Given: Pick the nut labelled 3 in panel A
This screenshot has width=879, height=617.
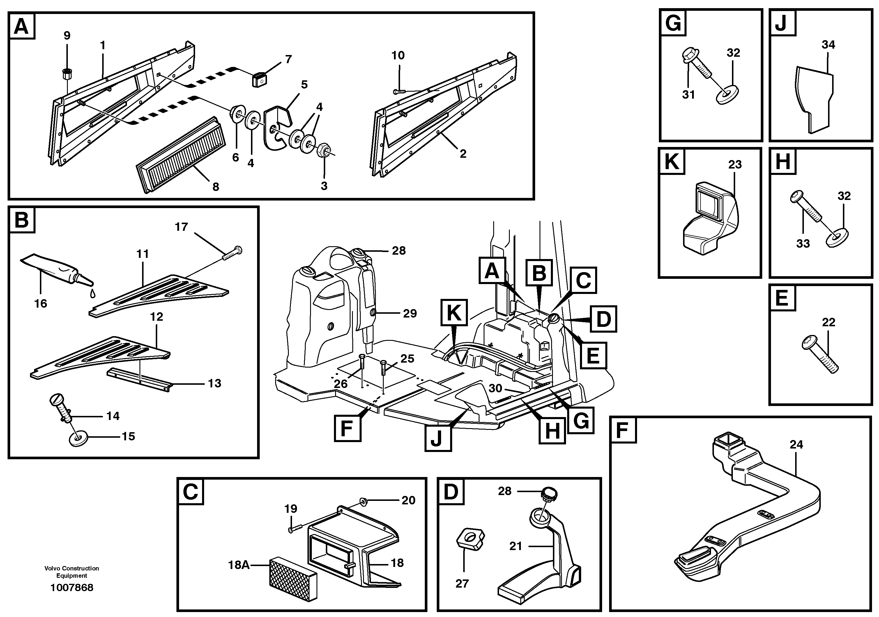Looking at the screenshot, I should pos(323,148).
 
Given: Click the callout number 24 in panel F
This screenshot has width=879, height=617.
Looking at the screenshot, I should pos(796,444).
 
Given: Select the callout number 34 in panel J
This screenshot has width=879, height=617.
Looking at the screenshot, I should pos(828,45).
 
